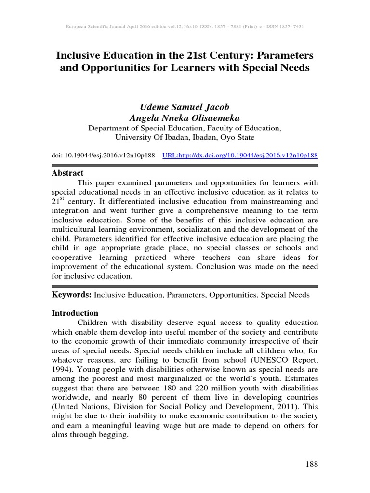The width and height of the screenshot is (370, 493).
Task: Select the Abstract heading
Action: (67, 173)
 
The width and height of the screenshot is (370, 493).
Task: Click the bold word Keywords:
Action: (71, 294)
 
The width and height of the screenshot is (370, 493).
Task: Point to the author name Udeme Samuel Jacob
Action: (185, 107)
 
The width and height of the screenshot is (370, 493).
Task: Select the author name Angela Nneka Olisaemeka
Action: (185, 118)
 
